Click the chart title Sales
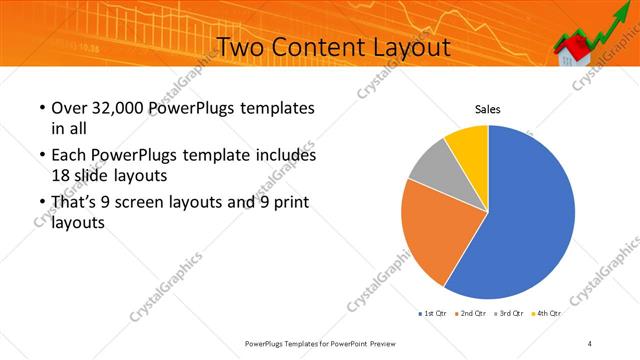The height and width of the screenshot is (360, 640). tap(487, 109)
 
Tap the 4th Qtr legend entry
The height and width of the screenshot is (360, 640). tap(547, 314)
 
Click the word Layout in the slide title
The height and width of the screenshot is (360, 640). tap(404, 47)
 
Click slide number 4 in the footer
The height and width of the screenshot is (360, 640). tap(590, 343)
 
